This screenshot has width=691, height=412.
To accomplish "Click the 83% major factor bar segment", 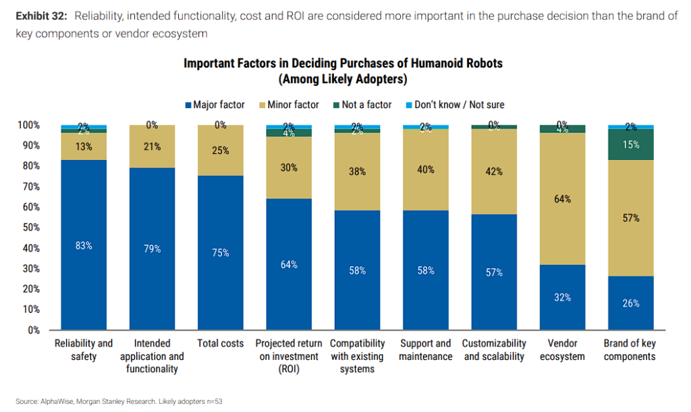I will click(x=84, y=245).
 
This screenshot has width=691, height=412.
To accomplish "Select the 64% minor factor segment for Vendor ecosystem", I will click(x=563, y=199).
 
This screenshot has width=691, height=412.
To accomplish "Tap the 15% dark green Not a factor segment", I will click(x=631, y=145).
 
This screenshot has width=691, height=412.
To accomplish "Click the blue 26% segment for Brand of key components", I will click(x=631, y=303).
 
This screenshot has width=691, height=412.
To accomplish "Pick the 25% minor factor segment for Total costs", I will click(x=221, y=151).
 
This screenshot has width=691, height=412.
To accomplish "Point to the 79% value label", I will click(x=153, y=249).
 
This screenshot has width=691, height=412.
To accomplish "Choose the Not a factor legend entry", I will click(x=362, y=105).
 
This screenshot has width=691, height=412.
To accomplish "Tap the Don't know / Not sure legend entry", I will click(x=453, y=105).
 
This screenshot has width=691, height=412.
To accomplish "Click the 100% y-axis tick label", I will click(x=28, y=126).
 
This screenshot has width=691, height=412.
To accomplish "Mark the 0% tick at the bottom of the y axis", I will click(x=33, y=330).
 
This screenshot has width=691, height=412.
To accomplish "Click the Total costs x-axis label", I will click(x=221, y=344).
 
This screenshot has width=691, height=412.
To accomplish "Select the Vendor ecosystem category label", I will click(x=563, y=350).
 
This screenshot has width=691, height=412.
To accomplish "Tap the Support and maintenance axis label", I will click(x=426, y=350).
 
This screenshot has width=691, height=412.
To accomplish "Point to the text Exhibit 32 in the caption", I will click(x=38, y=16).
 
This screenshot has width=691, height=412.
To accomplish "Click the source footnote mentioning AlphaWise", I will click(x=119, y=401).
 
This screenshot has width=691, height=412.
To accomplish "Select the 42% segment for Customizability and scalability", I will click(x=494, y=172).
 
